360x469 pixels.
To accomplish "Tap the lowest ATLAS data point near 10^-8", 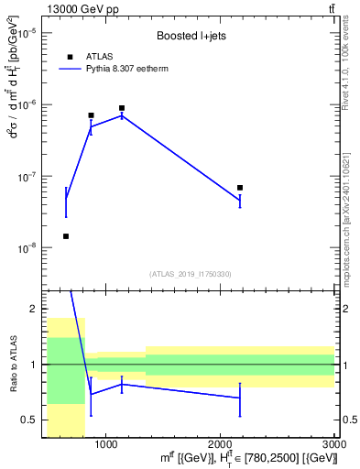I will coord(66,236).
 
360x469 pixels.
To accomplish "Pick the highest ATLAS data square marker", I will coord(122,108).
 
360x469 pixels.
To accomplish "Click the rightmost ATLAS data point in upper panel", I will coord(240,188).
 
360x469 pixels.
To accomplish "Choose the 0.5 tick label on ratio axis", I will coord(30,420).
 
